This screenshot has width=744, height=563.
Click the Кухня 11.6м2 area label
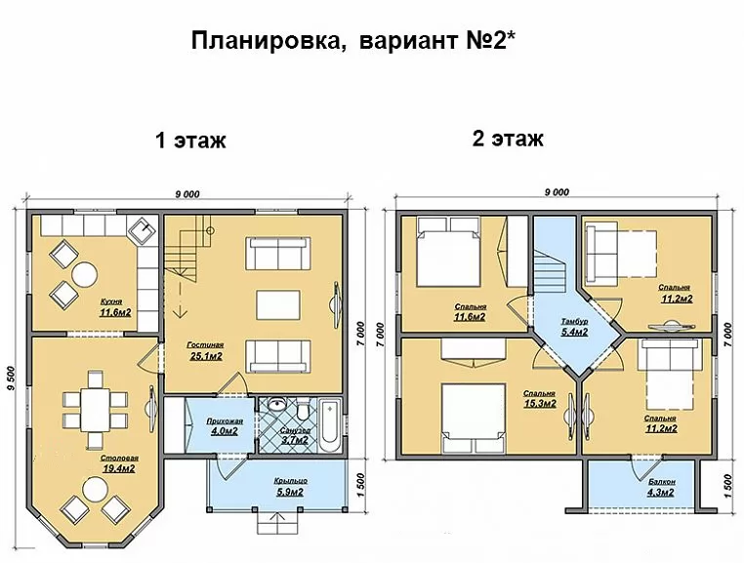click(x=115, y=307)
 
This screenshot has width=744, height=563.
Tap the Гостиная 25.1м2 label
click(x=205, y=351)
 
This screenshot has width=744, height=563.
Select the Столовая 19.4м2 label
click(x=119, y=463)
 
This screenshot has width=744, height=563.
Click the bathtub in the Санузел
click(x=329, y=426)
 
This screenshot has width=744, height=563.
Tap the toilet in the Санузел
click(x=303, y=410)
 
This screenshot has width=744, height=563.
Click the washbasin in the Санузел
click(x=276, y=406)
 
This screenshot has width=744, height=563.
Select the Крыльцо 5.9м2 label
click(x=290, y=487)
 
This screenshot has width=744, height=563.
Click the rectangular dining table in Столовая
click(x=95, y=410)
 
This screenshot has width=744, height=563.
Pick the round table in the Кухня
click(x=85, y=274)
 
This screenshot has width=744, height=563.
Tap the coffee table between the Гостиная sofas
click(x=278, y=305)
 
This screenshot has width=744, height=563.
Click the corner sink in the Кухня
click(x=143, y=230)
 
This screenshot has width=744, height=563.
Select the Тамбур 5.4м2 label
click(x=574, y=327)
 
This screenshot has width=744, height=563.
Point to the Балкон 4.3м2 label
click(x=661, y=487)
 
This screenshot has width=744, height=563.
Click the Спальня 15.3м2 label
click(x=540, y=399)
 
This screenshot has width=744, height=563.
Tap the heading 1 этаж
click(x=190, y=141)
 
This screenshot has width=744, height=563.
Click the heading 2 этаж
click(x=508, y=139)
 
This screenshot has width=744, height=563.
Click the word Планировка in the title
click(x=268, y=41)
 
